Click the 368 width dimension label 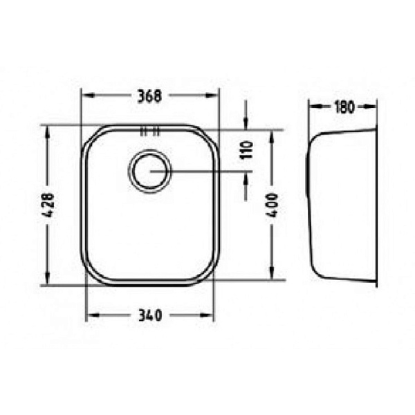point(149,96)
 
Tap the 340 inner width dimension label point(150,315)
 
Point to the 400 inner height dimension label point(272,205)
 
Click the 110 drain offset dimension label point(246,150)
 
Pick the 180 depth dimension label point(344,107)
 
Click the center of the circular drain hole point(150,172)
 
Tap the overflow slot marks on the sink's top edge point(150,131)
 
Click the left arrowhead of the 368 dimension point(88,95)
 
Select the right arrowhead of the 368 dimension point(212,95)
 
